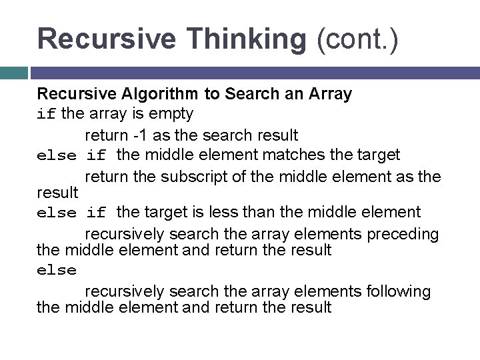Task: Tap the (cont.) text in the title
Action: [x=357, y=39]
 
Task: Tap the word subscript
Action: [x=212, y=177]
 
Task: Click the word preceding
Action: [x=403, y=234]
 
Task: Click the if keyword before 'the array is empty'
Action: [x=46, y=114]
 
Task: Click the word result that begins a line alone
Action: [x=57, y=192]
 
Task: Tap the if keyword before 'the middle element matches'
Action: [x=96, y=156]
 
